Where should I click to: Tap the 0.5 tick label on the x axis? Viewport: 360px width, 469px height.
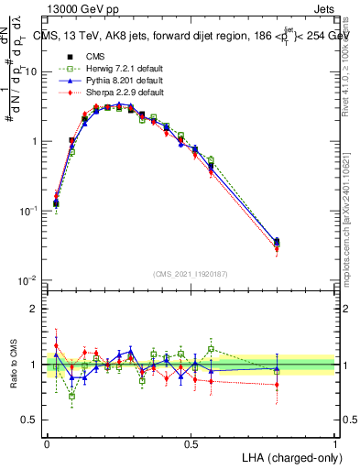point(191,442)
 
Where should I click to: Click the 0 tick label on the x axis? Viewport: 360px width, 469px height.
point(47,442)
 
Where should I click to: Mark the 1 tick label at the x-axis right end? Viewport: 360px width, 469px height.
point(334,442)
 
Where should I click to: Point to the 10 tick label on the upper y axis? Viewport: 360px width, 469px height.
point(31,71)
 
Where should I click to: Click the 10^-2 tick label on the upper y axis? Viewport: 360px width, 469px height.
point(29,280)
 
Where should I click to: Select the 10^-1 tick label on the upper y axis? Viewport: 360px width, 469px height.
point(29,211)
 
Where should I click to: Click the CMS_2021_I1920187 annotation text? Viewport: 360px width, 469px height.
point(191,274)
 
